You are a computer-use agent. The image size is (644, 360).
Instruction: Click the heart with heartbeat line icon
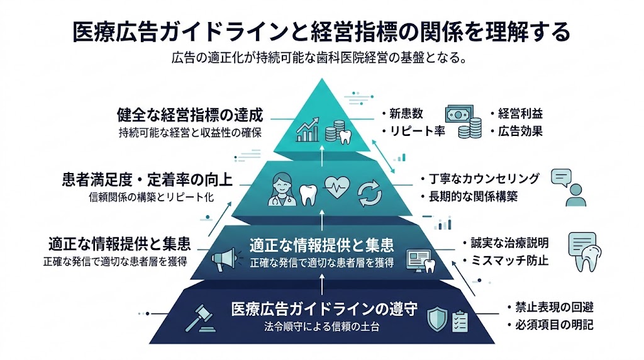[336, 188]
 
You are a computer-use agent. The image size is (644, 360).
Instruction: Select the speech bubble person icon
[567, 187]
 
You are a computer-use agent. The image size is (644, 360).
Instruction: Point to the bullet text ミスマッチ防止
[505, 260]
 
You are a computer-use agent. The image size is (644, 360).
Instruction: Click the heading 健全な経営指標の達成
[190, 115]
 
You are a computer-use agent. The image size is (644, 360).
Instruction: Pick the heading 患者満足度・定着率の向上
[148, 180]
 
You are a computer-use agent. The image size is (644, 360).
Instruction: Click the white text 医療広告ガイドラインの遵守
[325, 310]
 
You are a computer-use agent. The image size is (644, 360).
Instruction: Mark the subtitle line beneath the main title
[321, 60]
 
